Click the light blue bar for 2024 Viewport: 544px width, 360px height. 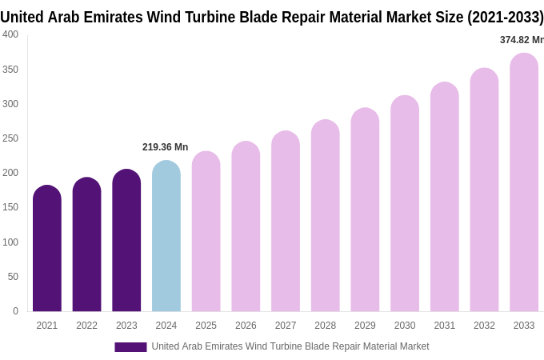point(166,237)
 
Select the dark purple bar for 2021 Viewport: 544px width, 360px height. point(47,249)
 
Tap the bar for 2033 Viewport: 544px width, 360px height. point(524,183)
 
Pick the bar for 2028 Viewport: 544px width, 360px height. point(326,216)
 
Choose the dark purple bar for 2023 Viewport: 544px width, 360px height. point(126,241)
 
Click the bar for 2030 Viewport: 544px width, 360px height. point(405,204)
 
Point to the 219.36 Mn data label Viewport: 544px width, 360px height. point(165,147)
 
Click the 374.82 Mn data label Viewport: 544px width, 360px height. point(521,40)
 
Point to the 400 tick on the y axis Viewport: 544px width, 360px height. point(10,34)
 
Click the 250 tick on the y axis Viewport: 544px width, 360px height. point(10,138)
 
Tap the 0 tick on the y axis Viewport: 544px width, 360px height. point(15,311)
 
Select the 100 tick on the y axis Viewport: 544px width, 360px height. point(10,242)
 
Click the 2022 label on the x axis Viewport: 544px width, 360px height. point(86,326)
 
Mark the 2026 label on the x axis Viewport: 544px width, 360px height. point(246,326)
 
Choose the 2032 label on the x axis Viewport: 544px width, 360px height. point(484,326)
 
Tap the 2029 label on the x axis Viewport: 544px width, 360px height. point(365,326)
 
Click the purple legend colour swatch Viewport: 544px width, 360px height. point(130,347)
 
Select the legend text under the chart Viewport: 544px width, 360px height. point(290,346)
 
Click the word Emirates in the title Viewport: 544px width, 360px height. point(110,17)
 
